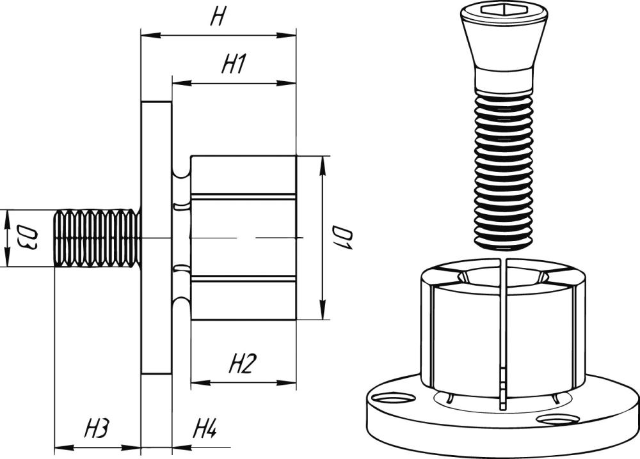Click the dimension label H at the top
tap(218, 18)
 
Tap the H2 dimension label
tap(243, 365)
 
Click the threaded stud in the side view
tap(96, 238)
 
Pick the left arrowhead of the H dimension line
tap(145, 35)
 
